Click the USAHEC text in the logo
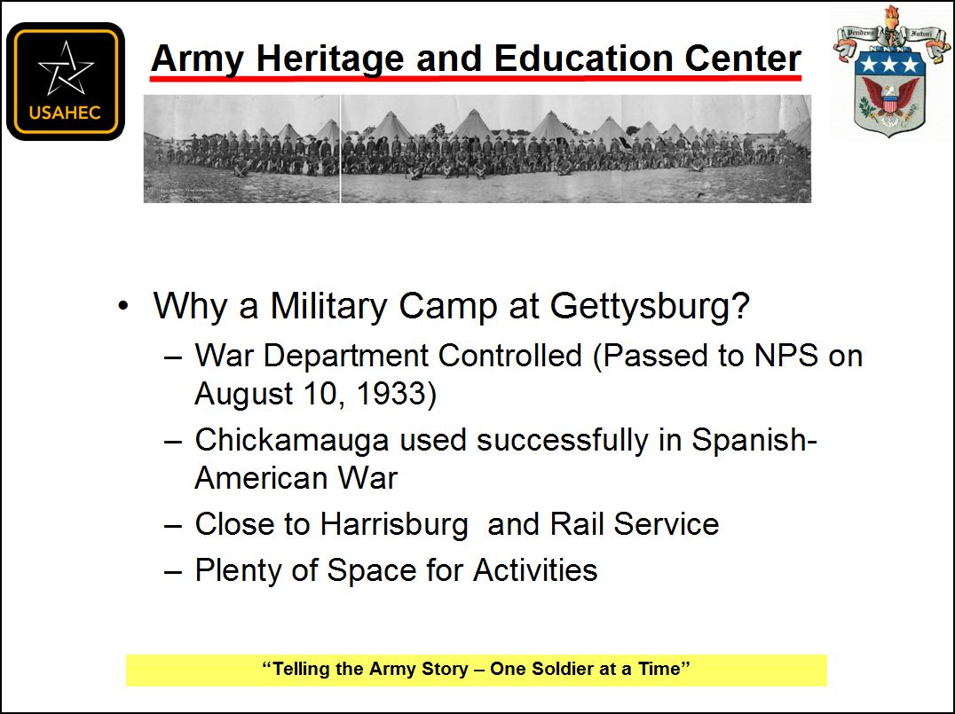[x=65, y=113]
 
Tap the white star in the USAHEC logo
[x=65, y=68]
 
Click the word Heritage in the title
[x=330, y=59]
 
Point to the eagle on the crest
[x=890, y=99]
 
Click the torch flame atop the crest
[x=892, y=14]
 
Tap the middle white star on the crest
[x=890, y=63]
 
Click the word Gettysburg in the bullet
[x=650, y=306]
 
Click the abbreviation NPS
[x=785, y=356]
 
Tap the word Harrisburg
[x=394, y=524]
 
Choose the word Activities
[x=535, y=570]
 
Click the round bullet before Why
[x=123, y=306]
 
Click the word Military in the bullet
[x=329, y=306]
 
